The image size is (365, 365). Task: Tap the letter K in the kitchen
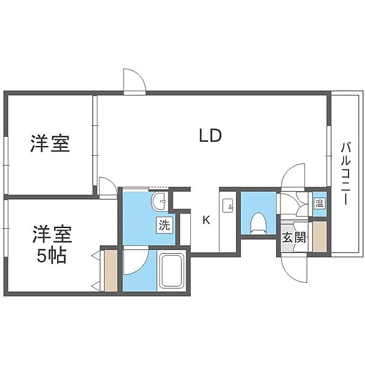pyautogui.click(x=206, y=220)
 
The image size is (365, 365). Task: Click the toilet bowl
pyautogui.click(x=257, y=223)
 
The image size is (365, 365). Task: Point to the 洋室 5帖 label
pyautogui.click(x=52, y=243)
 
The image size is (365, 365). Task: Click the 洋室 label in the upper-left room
pyautogui.click(x=50, y=144)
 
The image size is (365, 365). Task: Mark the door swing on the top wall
pyautogui.click(x=134, y=81)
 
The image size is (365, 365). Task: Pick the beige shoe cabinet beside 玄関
pyautogui.click(x=319, y=237)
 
